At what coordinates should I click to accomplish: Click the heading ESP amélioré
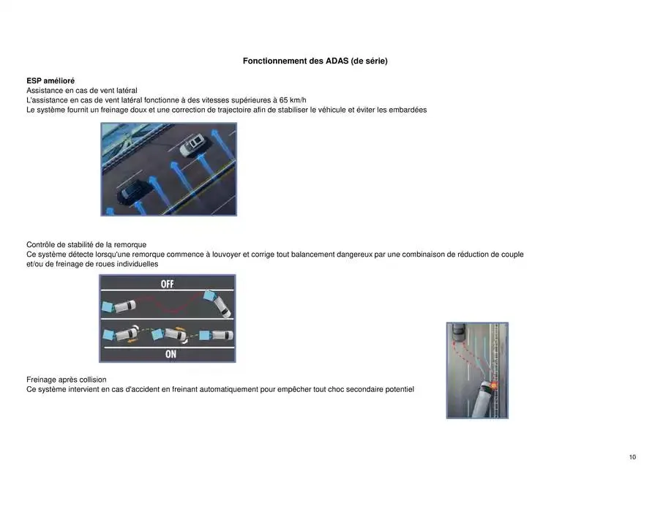tap(50, 80)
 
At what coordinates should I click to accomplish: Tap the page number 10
tap(632, 457)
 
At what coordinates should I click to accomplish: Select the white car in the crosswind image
tap(193, 143)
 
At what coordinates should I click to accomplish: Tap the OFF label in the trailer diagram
tap(167, 284)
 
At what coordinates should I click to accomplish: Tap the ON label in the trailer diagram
tap(171, 354)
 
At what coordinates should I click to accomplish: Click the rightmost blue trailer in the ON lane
tap(201, 336)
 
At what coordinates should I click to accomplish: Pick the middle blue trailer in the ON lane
tap(157, 334)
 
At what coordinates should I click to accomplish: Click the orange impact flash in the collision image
tap(493, 384)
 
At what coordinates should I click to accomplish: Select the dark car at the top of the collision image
tap(458, 333)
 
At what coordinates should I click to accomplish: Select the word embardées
tap(405, 110)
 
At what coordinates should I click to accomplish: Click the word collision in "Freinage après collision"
tap(89, 380)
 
